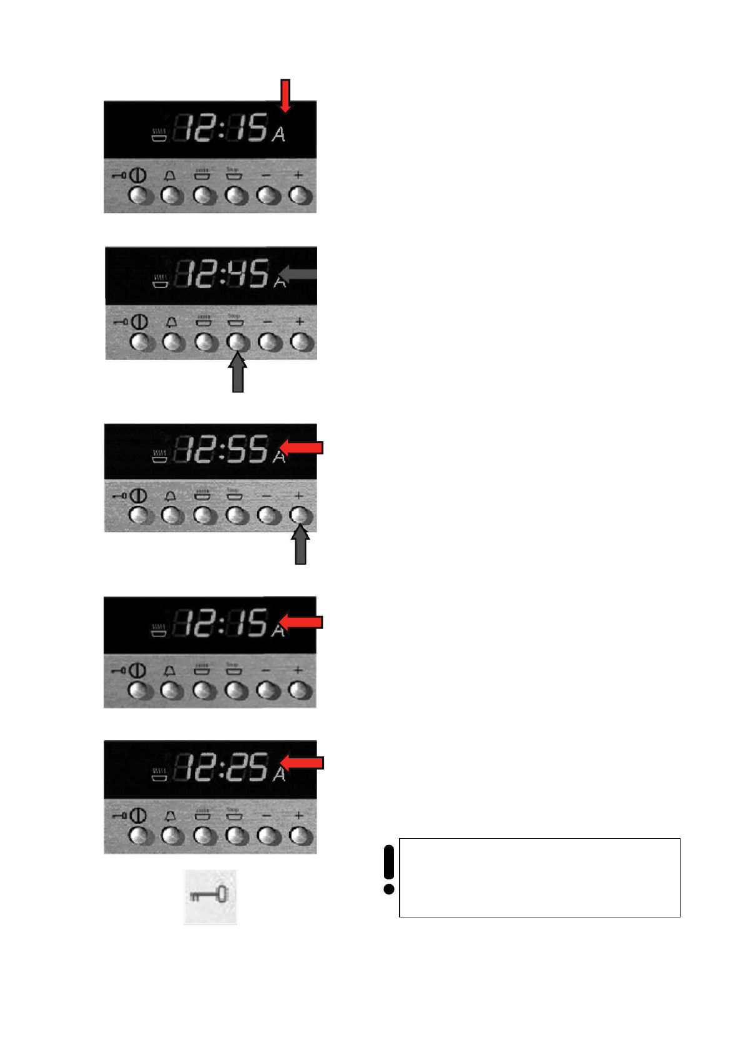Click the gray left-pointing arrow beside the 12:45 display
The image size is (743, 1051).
coord(298,274)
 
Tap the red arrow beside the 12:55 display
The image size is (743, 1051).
coord(302,447)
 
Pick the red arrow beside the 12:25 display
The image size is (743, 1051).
coord(302,763)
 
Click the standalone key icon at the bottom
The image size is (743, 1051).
coord(210,896)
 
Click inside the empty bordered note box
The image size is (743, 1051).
coord(539,877)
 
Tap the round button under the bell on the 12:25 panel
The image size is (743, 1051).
coord(173,835)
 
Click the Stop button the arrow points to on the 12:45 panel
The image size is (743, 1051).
coord(237,341)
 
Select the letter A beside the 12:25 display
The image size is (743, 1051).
coord(278,774)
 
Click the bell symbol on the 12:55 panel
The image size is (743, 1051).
coord(170,496)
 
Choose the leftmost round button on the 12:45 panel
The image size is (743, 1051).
coord(140,342)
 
